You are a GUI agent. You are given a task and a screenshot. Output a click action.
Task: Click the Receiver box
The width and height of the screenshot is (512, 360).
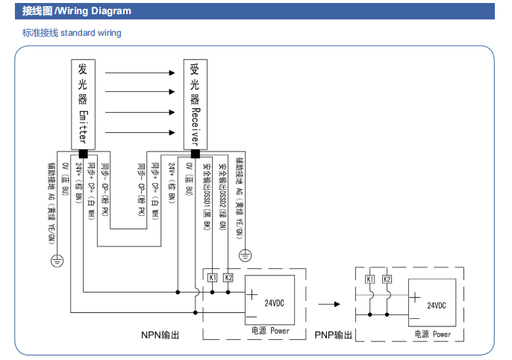pyautogui.click(x=195, y=103)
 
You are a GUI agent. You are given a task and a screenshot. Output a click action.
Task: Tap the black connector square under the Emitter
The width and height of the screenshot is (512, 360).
pyautogui.click(x=83, y=153)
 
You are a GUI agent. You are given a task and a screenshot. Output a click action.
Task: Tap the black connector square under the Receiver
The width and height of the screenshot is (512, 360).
pyautogui.click(x=195, y=153)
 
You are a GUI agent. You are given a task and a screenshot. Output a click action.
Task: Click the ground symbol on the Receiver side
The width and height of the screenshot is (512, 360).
pyautogui.click(x=246, y=255)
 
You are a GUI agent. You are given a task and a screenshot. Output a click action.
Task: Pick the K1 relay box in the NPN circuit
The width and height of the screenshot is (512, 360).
pyautogui.click(x=213, y=278)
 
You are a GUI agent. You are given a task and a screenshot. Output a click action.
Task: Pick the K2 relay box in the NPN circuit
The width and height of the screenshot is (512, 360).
pyautogui.click(x=229, y=278)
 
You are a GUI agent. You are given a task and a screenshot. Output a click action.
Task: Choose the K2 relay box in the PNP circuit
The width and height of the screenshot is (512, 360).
pyautogui.click(x=387, y=279)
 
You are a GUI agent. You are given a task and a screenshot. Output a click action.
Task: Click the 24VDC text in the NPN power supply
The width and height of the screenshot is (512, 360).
pyautogui.click(x=274, y=302)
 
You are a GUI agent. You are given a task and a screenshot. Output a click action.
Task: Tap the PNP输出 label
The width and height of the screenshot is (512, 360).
pyautogui.click(x=333, y=335)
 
